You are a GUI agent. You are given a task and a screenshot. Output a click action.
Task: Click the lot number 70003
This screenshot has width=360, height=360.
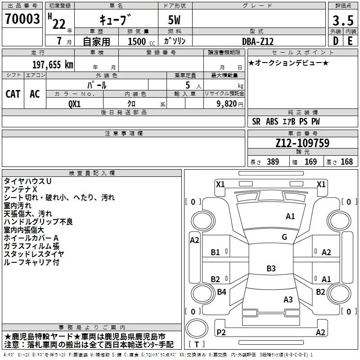pyautogui.click(x=22, y=19)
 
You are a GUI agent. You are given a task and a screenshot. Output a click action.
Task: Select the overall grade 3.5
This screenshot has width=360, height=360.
pyautogui.click(x=343, y=20)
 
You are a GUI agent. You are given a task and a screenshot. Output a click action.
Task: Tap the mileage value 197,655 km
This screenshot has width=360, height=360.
pyautogui.click(x=53, y=65)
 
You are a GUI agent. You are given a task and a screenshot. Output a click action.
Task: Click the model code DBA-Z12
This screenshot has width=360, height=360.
pyautogui.click(x=258, y=41)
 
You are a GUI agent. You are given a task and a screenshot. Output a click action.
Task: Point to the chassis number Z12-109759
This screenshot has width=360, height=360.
pyautogui.click(x=302, y=143)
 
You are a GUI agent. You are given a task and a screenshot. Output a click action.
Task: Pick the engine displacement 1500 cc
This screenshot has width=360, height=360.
pyautogui.click(x=141, y=41)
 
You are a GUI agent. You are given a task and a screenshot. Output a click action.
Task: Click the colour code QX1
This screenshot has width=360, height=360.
pyautogui.click(x=75, y=104)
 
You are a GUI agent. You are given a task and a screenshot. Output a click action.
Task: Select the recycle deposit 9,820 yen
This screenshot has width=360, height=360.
pyautogui.click(x=230, y=104)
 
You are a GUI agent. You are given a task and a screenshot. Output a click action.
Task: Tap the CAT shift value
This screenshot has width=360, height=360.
pyautogui.click(x=13, y=94)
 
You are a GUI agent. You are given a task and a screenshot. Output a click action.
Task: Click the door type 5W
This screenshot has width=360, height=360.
pyautogui.click(x=174, y=20)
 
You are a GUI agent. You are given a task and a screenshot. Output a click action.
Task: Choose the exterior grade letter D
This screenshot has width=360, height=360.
pyautogui.click(x=336, y=41)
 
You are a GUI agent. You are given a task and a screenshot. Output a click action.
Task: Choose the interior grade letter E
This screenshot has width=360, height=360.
pyautogui.click(x=350, y=41)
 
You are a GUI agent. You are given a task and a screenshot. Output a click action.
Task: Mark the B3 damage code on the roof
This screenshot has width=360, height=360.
pyautogui.click(x=271, y=268)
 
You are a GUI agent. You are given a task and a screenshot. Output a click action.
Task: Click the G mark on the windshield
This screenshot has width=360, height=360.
pyautogui.click(x=284, y=237)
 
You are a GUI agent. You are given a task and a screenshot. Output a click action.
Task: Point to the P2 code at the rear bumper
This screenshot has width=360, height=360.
pyautogui.click(x=221, y=332)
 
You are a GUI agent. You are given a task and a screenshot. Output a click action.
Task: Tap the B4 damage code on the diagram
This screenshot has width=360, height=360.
pyautogui.click(x=221, y=292)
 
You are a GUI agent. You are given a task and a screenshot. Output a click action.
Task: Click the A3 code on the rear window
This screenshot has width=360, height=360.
pyautogui.click(x=288, y=299)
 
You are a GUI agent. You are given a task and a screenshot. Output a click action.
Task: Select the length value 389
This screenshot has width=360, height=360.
pyautogui.click(x=273, y=162)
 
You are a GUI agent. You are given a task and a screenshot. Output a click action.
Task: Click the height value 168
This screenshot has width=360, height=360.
pyautogui.click(x=346, y=162)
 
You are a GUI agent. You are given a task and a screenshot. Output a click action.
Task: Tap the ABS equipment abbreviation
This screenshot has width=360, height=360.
pyautogui.click(x=272, y=121)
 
